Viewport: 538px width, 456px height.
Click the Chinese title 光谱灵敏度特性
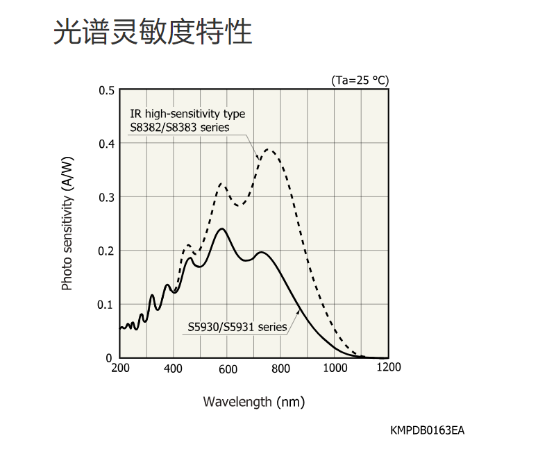point(153,32)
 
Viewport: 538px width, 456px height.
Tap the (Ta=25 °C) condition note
point(360,80)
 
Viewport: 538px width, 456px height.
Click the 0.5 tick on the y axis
point(106,90)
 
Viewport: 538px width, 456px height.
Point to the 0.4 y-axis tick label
point(106,144)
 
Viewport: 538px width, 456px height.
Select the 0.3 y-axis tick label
point(106,197)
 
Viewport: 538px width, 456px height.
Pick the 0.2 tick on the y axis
point(106,251)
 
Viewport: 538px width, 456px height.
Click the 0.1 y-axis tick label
point(106,304)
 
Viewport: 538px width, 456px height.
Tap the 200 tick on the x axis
point(120,368)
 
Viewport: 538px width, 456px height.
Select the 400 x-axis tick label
point(174,368)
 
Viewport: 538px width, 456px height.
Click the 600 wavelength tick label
point(228,369)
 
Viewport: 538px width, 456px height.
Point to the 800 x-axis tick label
point(281,368)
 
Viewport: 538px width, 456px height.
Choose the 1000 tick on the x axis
point(335,368)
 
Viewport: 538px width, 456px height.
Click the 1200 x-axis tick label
point(389,367)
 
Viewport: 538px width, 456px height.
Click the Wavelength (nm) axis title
point(254,401)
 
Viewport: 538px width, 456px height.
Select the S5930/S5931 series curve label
point(237,327)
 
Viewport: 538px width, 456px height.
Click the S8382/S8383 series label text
point(180,127)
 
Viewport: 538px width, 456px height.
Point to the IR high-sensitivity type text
point(187,114)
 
